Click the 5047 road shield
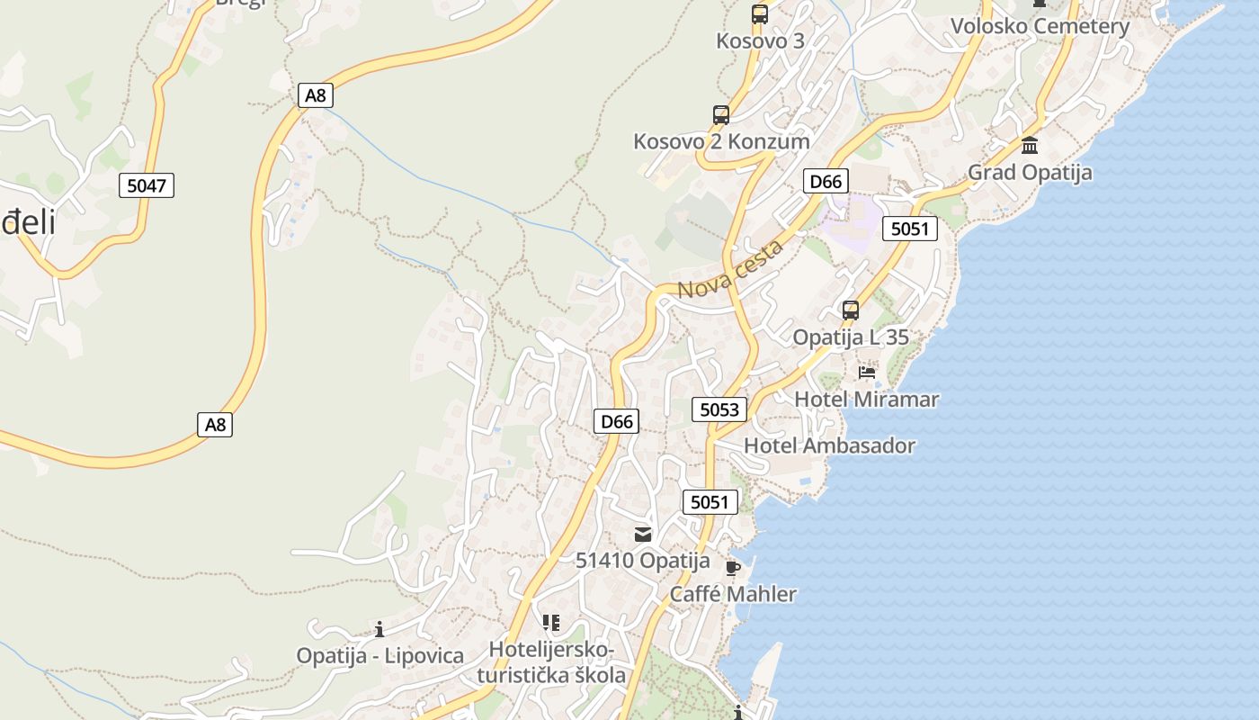point(147,186)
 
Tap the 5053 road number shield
point(719,409)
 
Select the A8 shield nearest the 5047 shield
point(315,94)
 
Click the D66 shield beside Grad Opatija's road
point(826,181)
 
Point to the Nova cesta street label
point(730,270)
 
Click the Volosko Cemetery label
point(1040,26)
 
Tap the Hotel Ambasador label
point(829,445)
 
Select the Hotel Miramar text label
point(866,399)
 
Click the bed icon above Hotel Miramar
point(867,372)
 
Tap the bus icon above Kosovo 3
point(760,13)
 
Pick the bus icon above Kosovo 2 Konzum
point(721,115)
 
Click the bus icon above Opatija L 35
point(851,310)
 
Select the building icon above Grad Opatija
point(1030,145)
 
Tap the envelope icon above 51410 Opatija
point(643,535)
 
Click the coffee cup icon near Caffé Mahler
point(733,567)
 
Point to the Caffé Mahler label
point(733,594)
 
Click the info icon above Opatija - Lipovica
point(379,629)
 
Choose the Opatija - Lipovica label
point(380,655)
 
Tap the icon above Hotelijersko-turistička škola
point(551,622)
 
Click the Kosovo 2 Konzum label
point(721,141)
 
